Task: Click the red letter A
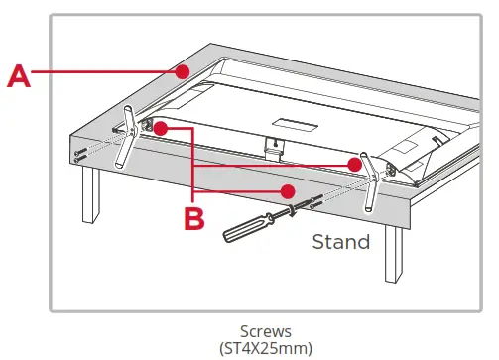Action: click(x=20, y=75)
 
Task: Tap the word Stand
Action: click(x=341, y=241)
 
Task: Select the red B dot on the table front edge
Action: click(x=287, y=190)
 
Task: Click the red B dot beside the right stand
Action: click(x=352, y=163)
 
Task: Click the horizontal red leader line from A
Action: click(x=109, y=71)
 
